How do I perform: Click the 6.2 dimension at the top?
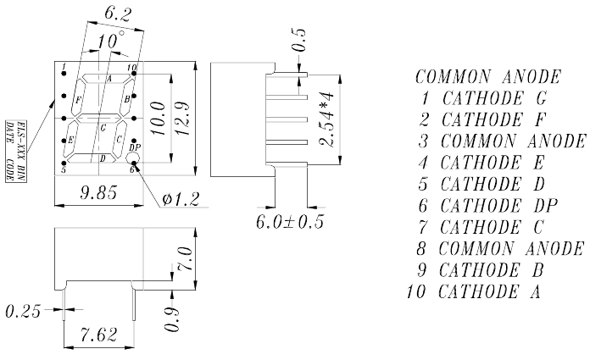(x=118, y=14)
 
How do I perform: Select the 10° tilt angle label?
(x=110, y=40)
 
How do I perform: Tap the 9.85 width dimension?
(x=98, y=192)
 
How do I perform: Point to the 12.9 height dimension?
(x=183, y=119)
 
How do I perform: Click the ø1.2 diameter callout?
(x=181, y=199)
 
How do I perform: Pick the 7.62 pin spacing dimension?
(x=98, y=335)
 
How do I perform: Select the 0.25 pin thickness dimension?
(x=23, y=311)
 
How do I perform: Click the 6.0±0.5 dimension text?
(x=290, y=222)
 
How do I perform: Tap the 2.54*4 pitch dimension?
(x=326, y=119)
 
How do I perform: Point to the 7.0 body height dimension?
(x=185, y=259)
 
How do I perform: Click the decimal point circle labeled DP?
(x=134, y=158)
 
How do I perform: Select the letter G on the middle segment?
(x=103, y=128)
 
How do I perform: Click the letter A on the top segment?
(x=109, y=79)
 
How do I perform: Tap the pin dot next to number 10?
(x=134, y=74)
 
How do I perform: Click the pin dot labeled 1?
(x=64, y=74)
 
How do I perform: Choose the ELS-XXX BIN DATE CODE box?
(x=16, y=152)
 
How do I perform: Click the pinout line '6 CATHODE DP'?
(x=487, y=206)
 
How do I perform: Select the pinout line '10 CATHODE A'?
(x=474, y=291)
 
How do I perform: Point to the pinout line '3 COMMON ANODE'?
(x=503, y=141)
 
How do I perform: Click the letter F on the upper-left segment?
(x=78, y=100)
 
